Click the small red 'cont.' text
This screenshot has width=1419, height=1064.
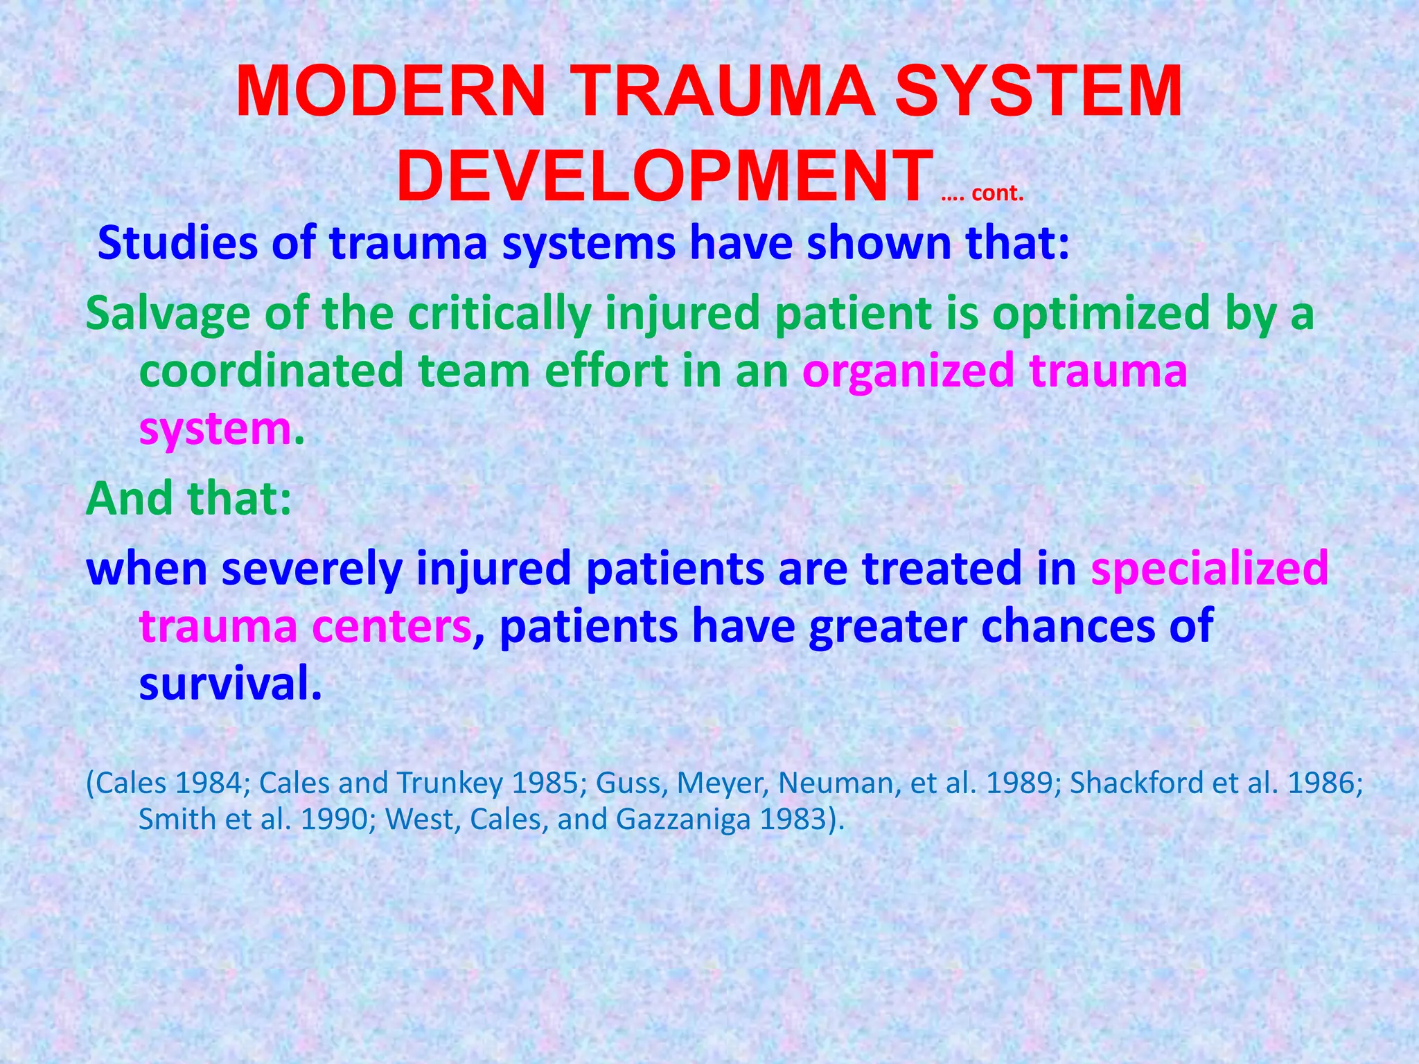point(997,193)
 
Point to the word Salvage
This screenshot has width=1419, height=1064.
point(167,314)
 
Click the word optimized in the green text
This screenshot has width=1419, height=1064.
point(1102,314)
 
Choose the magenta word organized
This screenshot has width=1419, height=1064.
point(908,371)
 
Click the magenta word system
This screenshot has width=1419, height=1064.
point(215,429)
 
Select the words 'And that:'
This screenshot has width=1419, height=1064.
point(188,499)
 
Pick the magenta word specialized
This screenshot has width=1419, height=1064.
point(1209,568)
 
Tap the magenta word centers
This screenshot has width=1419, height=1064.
point(391,626)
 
